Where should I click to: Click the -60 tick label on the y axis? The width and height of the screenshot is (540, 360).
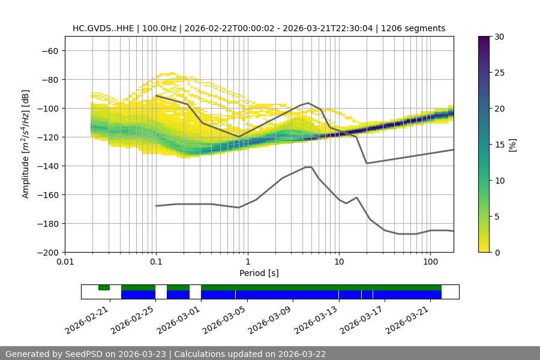(50, 50)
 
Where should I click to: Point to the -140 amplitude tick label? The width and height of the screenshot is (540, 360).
(47, 166)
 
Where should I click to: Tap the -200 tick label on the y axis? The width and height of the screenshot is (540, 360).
(47, 252)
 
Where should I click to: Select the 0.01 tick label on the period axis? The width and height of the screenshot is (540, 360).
(65, 262)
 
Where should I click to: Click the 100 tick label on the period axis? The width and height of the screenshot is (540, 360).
(430, 262)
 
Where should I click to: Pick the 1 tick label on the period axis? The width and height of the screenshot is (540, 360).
(247, 262)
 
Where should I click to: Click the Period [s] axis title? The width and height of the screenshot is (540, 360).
(259, 273)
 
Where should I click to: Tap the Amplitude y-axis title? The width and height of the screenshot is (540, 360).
(26, 143)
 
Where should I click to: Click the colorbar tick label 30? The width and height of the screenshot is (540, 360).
(499, 37)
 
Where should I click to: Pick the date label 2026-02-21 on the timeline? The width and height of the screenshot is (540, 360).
(88, 317)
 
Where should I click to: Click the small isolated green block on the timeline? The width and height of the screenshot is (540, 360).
(104, 287)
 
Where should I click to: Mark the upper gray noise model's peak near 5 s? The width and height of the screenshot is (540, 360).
(308, 103)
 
